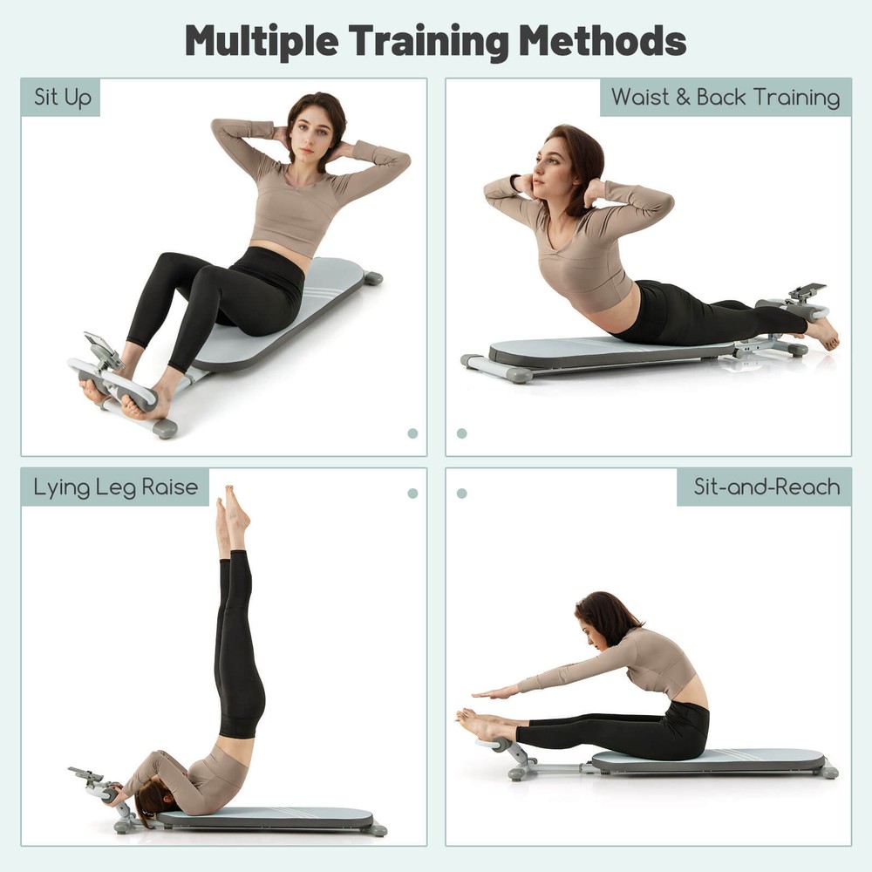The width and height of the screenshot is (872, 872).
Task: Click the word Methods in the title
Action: pos(605,40)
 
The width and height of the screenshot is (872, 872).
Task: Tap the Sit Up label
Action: pos(61,97)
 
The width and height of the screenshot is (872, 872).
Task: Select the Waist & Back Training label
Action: pos(726,97)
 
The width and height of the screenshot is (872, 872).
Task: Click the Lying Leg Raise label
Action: pos(115,487)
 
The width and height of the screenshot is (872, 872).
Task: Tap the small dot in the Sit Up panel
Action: pos(412,433)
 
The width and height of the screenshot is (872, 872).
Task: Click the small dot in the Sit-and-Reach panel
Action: pos(461,494)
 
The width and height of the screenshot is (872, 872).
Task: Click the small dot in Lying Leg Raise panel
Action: pos(412,494)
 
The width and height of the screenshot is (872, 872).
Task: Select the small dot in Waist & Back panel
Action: pos(461,433)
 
